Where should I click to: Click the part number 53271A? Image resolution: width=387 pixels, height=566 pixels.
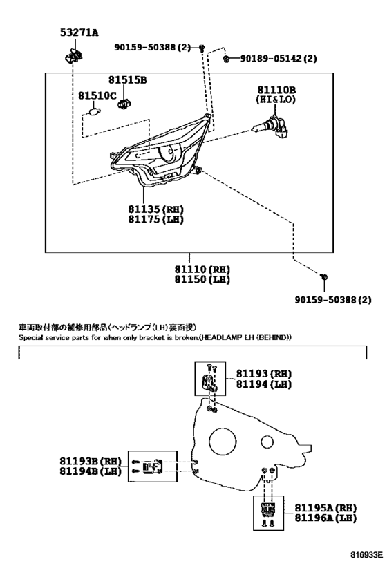coord(79,33)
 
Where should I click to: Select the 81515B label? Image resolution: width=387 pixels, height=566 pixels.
coord(128,79)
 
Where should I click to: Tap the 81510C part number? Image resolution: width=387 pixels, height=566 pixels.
coord(97,95)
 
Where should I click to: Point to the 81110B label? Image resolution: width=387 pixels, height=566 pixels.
coord(276,90)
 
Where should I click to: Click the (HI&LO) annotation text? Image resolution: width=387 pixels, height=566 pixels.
coord(276,100)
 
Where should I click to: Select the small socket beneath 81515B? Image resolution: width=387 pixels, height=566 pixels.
coord(123,104)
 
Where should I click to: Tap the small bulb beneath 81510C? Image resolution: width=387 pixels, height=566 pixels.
coord(95,111)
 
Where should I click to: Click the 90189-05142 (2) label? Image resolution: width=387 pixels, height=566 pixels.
coord(279,58)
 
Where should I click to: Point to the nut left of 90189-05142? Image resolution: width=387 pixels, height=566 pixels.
coord(227,59)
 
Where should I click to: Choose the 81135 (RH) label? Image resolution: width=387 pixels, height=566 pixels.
coord(156,209)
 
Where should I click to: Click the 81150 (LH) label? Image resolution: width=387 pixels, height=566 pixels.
coord(202,279)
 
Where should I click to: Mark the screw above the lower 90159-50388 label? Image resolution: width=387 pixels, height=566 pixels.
coord(324,277)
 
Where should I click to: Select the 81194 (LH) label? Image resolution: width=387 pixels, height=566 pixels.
coord(264,384)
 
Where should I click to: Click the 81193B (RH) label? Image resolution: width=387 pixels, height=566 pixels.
coord(91,462)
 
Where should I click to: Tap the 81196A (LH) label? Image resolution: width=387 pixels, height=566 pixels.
coord(325,518)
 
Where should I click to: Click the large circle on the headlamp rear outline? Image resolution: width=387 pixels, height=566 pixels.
coord(223,441)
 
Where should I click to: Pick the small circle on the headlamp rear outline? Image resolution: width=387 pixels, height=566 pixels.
coord(267,442)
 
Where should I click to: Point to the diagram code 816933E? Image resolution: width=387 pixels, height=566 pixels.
coord(366,554)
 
